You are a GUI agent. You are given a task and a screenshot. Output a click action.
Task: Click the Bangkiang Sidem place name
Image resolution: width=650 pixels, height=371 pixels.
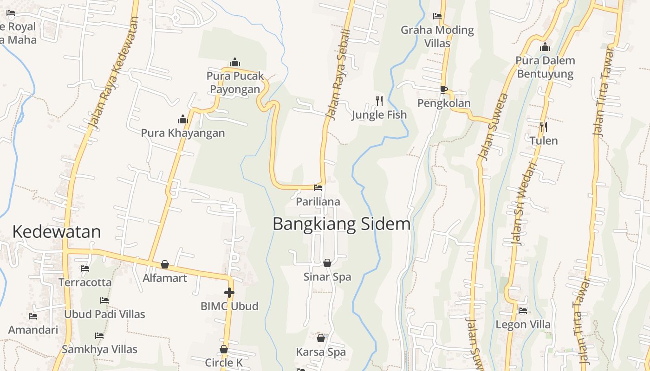341,224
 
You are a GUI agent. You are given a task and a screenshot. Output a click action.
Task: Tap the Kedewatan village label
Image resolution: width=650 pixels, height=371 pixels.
56,231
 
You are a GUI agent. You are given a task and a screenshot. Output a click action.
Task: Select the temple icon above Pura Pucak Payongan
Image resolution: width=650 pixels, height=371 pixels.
235,62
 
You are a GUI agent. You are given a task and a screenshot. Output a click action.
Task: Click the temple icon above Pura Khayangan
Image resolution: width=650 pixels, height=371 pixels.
183,120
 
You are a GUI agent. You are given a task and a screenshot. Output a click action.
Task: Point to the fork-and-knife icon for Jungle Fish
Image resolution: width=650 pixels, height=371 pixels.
379,101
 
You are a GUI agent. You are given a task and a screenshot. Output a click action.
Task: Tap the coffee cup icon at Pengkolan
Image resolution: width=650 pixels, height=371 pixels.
443,90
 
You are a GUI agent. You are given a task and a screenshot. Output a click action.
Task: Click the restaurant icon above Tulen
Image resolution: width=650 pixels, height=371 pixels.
543,127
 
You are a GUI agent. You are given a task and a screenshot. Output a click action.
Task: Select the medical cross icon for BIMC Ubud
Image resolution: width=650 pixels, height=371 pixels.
229,292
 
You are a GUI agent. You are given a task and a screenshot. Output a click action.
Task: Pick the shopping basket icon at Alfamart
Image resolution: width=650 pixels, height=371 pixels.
164,264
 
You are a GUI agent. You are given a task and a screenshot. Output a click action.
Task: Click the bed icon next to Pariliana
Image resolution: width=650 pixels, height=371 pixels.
318,188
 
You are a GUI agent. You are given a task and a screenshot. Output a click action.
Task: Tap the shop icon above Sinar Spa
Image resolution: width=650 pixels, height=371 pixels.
327,263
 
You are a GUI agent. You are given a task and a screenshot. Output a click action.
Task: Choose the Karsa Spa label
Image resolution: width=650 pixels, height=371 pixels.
321,352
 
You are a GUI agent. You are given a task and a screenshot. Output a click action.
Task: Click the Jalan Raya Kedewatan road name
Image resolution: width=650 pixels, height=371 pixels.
114,73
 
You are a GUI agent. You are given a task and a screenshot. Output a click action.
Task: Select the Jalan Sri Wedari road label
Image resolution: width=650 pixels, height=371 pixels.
524,203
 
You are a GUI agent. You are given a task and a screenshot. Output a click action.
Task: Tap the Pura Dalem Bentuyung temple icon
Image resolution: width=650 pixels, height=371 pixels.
545,47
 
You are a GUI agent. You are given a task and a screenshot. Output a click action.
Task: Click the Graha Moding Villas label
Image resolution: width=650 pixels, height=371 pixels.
437,37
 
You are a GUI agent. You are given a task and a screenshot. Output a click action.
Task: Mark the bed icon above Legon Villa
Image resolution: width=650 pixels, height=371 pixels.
523,311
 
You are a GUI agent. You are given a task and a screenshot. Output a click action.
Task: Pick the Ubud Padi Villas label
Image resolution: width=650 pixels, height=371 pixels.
104,314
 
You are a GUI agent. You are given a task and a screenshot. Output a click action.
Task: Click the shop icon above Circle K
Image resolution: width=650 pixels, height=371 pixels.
224,349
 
